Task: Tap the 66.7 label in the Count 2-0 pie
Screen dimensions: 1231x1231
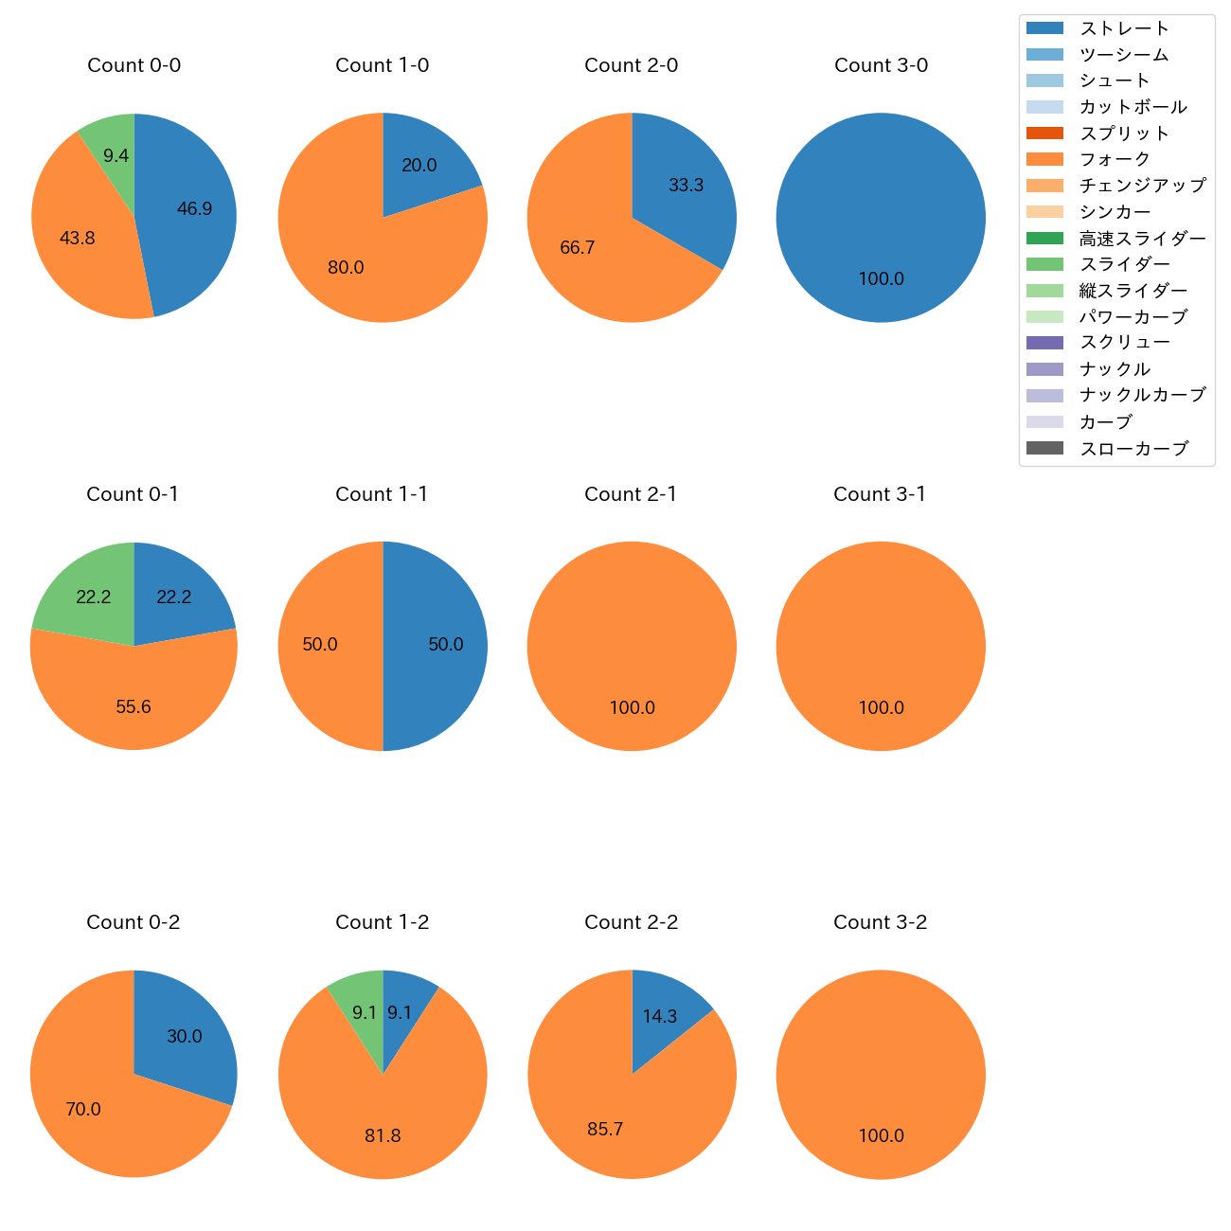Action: [577, 248]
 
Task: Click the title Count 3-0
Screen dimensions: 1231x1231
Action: [881, 65]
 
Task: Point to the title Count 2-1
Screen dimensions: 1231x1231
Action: [631, 494]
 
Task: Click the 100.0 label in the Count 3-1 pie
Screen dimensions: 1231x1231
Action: [881, 707]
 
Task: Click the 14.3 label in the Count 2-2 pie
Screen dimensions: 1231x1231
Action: [659, 1016]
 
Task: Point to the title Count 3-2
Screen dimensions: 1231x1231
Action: [880, 922]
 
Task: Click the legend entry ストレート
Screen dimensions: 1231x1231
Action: [1124, 28]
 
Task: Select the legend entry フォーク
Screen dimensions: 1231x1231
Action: [1115, 159]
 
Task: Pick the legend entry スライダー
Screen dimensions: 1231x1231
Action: [1124, 264]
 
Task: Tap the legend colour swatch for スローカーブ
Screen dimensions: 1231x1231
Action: [1044, 448]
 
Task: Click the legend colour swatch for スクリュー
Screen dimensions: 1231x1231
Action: [1044, 343]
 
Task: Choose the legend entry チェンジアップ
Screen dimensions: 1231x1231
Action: [1142, 186]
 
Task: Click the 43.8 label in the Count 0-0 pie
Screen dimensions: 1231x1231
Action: [77, 239]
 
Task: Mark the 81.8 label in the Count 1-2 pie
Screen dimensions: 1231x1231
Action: [383, 1135]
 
